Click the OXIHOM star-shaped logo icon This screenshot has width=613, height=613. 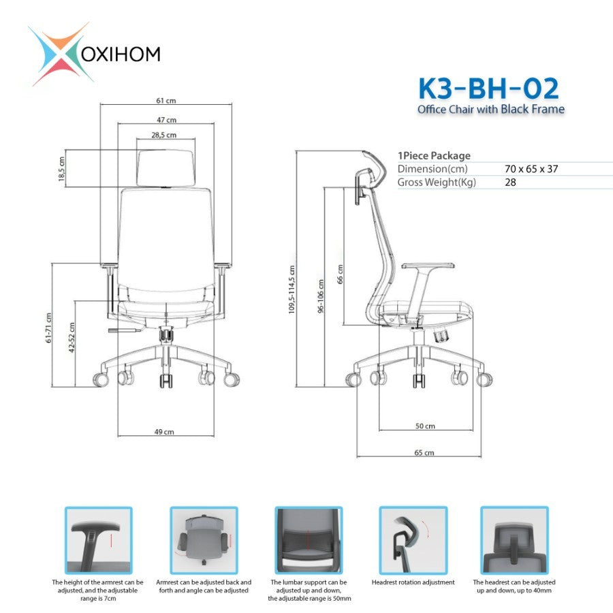(61, 54)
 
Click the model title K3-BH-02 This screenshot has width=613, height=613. (488, 89)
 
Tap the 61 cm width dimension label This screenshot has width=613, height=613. (166, 101)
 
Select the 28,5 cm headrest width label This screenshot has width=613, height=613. (163, 135)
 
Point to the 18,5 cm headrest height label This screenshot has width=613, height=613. (61, 168)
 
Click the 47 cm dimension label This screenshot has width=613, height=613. (167, 120)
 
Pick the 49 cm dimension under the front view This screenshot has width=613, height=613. (164, 432)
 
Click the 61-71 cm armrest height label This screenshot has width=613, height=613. (48, 328)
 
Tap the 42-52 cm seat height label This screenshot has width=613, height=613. (72, 337)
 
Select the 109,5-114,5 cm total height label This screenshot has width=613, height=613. (292, 289)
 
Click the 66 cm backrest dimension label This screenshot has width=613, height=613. (340, 274)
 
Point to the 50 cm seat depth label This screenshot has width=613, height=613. (425, 426)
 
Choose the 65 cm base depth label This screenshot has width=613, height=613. (424, 452)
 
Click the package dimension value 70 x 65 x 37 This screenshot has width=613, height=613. (531, 169)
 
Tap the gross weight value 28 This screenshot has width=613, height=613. (510, 182)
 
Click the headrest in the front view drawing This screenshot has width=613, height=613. (166, 168)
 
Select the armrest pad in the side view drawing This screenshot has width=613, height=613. (428, 266)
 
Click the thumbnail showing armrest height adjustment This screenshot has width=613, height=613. (99, 540)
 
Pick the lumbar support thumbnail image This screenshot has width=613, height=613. (309, 540)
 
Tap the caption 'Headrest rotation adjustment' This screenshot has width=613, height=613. (413, 582)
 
